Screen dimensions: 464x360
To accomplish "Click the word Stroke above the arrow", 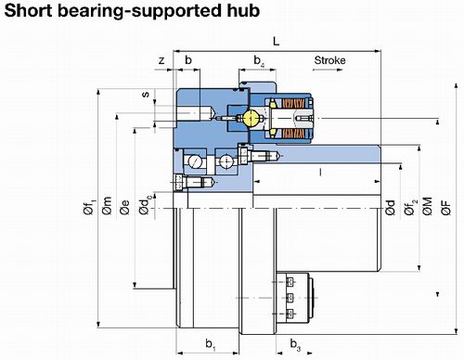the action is pyautogui.click(x=329, y=60).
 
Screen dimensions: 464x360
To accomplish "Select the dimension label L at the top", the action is pyautogui.click(x=277, y=41).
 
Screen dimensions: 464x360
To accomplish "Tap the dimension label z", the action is pyautogui.click(x=161, y=60).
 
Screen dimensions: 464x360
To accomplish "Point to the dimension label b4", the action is pyautogui.click(x=259, y=60).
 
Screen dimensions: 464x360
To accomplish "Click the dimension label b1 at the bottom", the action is pyautogui.click(x=211, y=344).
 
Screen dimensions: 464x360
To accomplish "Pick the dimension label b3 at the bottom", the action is pyautogui.click(x=295, y=344).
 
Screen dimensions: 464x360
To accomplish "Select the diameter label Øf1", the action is pyautogui.click(x=90, y=207).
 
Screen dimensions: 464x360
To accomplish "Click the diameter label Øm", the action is pyautogui.click(x=107, y=206).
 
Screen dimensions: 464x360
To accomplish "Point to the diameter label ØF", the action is pyautogui.click(x=445, y=208).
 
